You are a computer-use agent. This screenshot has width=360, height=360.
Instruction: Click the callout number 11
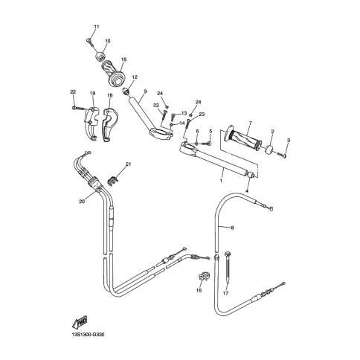97,27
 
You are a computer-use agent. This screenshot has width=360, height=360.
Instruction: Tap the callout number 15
123,60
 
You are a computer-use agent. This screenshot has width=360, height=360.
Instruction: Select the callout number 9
145,91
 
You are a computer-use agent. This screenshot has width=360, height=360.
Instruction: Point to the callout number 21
128,164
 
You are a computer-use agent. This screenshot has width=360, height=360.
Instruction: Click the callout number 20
82,202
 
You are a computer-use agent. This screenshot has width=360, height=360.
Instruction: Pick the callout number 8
232,228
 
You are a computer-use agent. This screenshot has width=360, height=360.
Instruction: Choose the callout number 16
199,290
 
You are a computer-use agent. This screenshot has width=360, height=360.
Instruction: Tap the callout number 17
225,293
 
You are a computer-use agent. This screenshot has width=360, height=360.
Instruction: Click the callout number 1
221,181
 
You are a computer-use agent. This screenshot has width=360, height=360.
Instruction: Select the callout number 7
250,123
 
